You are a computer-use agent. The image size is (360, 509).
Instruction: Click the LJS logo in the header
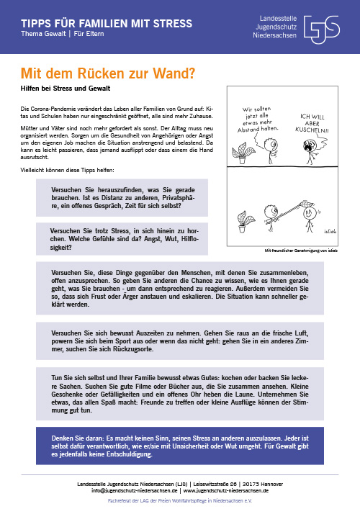click(x=322, y=30)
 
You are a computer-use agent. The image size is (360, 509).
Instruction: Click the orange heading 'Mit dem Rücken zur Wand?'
click(x=108, y=73)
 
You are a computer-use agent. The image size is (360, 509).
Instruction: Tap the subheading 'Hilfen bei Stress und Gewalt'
click(x=66, y=89)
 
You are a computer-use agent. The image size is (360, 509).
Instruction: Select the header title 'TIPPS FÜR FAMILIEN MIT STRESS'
click(x=107, y=23)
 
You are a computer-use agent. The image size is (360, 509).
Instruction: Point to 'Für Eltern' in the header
click(x=89, y=34)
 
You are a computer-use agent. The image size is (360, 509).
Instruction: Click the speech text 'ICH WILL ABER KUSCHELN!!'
click(x=312, y=123)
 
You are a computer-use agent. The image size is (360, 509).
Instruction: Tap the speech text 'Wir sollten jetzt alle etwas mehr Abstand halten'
click(x=258, y=119)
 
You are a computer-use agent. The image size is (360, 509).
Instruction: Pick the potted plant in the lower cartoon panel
click(x=244, y=221)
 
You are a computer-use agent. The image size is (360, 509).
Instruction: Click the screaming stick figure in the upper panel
click(x=312, y=151)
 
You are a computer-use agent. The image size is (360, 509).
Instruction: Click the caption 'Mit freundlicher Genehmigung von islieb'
click(x=301, y=251)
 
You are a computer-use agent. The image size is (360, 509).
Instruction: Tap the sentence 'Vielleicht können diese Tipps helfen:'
click(x=67, y=170)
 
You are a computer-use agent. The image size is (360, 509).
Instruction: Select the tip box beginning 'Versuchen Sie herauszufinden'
click(x=122, y=198)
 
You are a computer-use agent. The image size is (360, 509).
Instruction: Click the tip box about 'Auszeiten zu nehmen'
click(x=180, y=341)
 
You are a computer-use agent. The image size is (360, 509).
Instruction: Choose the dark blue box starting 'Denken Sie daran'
click(x=180, y=446)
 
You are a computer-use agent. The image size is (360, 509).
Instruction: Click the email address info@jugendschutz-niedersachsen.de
click(x=135, y=490)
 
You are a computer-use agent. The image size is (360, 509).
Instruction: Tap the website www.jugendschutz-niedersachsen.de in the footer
click(x=226, y=490)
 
